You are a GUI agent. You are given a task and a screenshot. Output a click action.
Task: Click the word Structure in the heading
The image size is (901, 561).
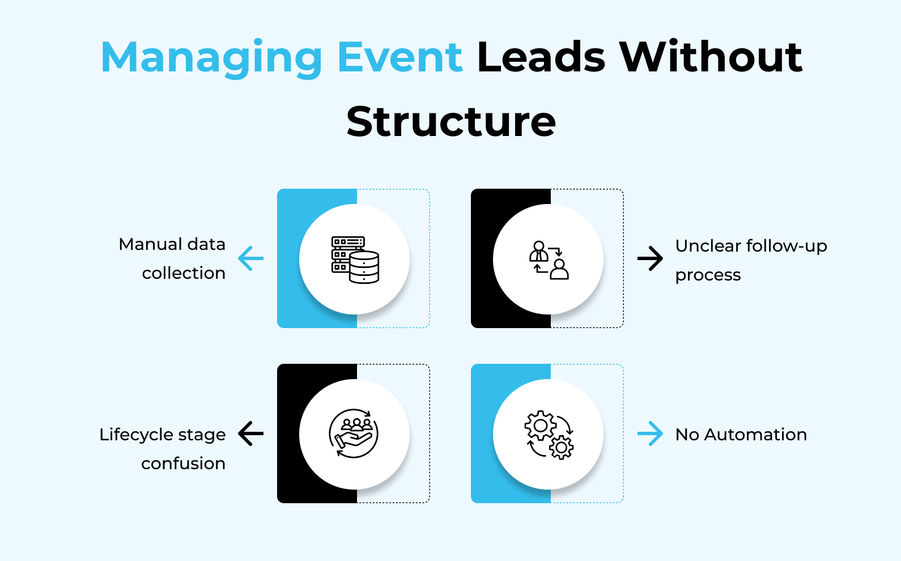451,121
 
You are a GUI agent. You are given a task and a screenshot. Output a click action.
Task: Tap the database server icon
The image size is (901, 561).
355,260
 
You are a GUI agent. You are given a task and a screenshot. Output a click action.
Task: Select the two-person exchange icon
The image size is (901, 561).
549,260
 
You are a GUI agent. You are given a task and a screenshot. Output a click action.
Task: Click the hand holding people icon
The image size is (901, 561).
354,433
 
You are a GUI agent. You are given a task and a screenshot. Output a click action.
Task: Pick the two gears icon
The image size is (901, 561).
549,435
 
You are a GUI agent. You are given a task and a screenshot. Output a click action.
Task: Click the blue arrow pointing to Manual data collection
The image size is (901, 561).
250,258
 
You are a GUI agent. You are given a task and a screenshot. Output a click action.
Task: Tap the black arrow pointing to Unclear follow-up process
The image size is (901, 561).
650,258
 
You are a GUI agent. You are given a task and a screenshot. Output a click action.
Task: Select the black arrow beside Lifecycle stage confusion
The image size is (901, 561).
250,433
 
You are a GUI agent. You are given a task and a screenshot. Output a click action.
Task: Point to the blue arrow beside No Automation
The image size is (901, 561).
650,433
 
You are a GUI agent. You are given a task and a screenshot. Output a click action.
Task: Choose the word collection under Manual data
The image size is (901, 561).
184,273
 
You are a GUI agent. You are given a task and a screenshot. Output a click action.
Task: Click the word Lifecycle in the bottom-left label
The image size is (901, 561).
137,435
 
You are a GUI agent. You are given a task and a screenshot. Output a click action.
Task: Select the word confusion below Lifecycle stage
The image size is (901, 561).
183,464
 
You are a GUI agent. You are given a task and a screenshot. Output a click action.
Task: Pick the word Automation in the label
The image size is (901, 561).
755,434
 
